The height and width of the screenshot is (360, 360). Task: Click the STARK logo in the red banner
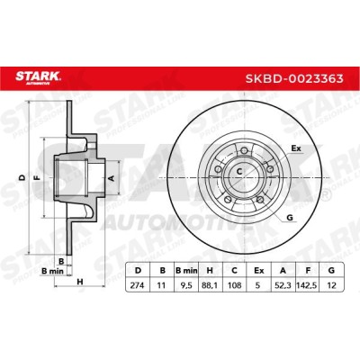click(38, 77)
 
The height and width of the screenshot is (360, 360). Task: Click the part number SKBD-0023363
click(294, 78)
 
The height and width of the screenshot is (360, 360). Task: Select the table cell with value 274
click(137, 285)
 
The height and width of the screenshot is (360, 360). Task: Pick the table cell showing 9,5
click(186, 285)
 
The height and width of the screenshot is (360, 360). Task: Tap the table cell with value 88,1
click(211, 285)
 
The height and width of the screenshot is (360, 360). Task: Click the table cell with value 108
click(235, 285)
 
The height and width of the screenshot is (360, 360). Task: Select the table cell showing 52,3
click(283, 285)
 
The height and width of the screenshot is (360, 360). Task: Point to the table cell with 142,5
click(308, 285)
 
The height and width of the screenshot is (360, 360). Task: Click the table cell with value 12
click(332, 285)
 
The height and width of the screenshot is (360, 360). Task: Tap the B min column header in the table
click(186, 271)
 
